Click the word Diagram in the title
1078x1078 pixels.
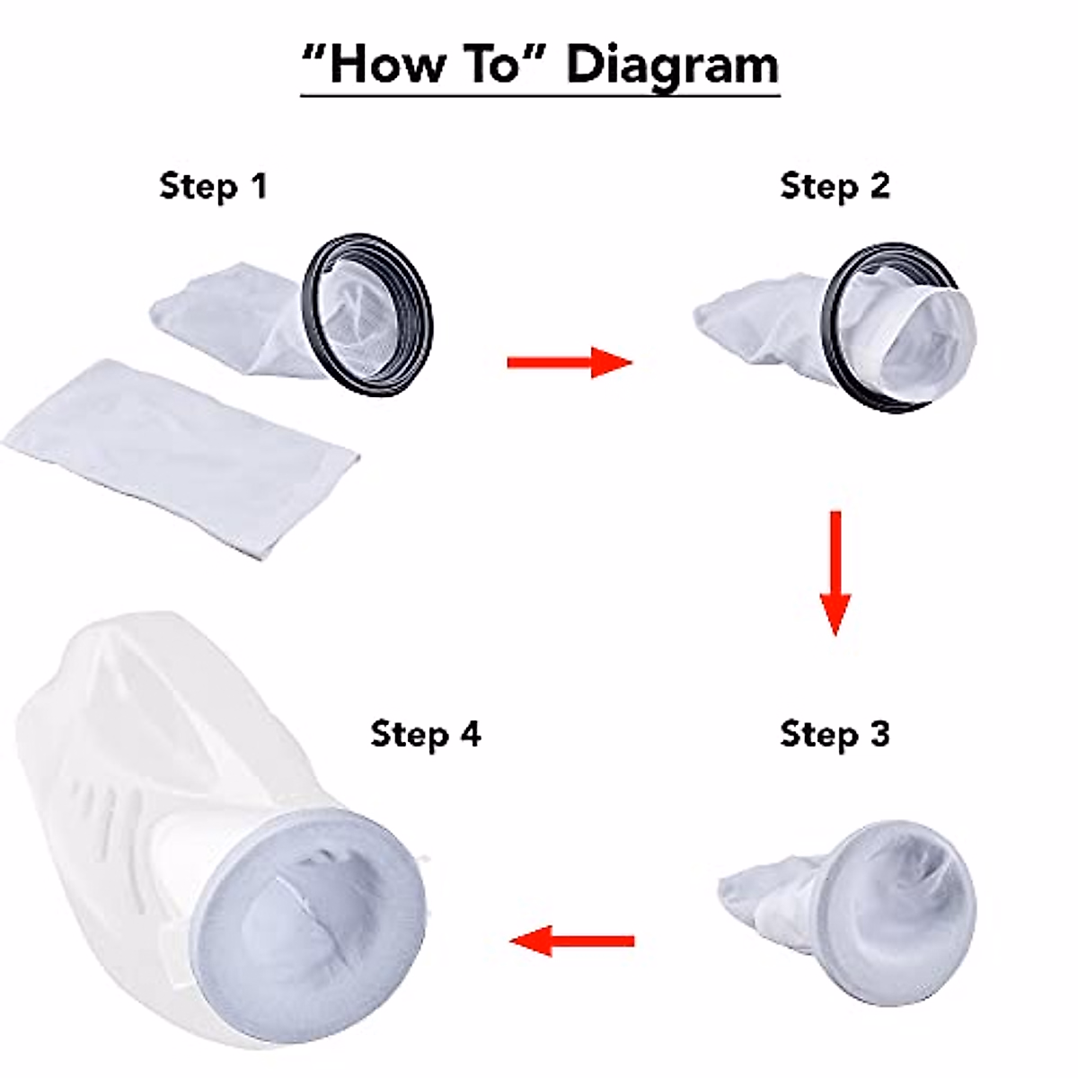673,66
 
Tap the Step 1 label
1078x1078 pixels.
214,186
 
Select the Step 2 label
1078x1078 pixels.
835,186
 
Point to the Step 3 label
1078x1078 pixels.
835,733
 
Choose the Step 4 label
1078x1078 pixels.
426,733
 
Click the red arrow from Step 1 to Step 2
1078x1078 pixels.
570,362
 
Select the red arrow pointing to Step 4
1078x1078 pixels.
572,941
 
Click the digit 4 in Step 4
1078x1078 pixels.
470,733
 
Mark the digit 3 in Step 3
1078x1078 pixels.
879,733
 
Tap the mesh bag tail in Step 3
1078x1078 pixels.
764,894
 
